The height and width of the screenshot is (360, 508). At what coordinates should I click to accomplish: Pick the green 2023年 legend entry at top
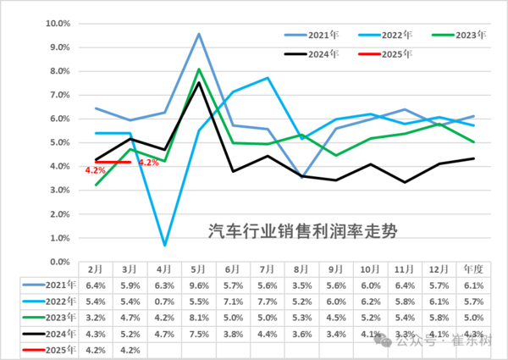(x=471, y=35)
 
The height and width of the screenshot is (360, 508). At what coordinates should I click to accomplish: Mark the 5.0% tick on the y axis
(x=58, y=142)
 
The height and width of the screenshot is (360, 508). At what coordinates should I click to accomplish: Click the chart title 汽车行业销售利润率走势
(x=303, y=229)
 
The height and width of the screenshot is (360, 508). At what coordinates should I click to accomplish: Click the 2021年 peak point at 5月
(x=199, y=34)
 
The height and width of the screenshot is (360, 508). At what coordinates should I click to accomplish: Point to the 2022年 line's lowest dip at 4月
(x=164, y=245)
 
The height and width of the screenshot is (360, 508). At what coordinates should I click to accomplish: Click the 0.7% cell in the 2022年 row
(x=164, y=301)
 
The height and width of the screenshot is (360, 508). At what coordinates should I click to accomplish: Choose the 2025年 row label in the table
(x=46, y=349)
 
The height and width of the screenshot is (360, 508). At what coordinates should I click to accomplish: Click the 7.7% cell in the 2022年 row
(x=268, y=301)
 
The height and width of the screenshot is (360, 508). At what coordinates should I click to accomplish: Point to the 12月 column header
(x=439, y=269)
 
